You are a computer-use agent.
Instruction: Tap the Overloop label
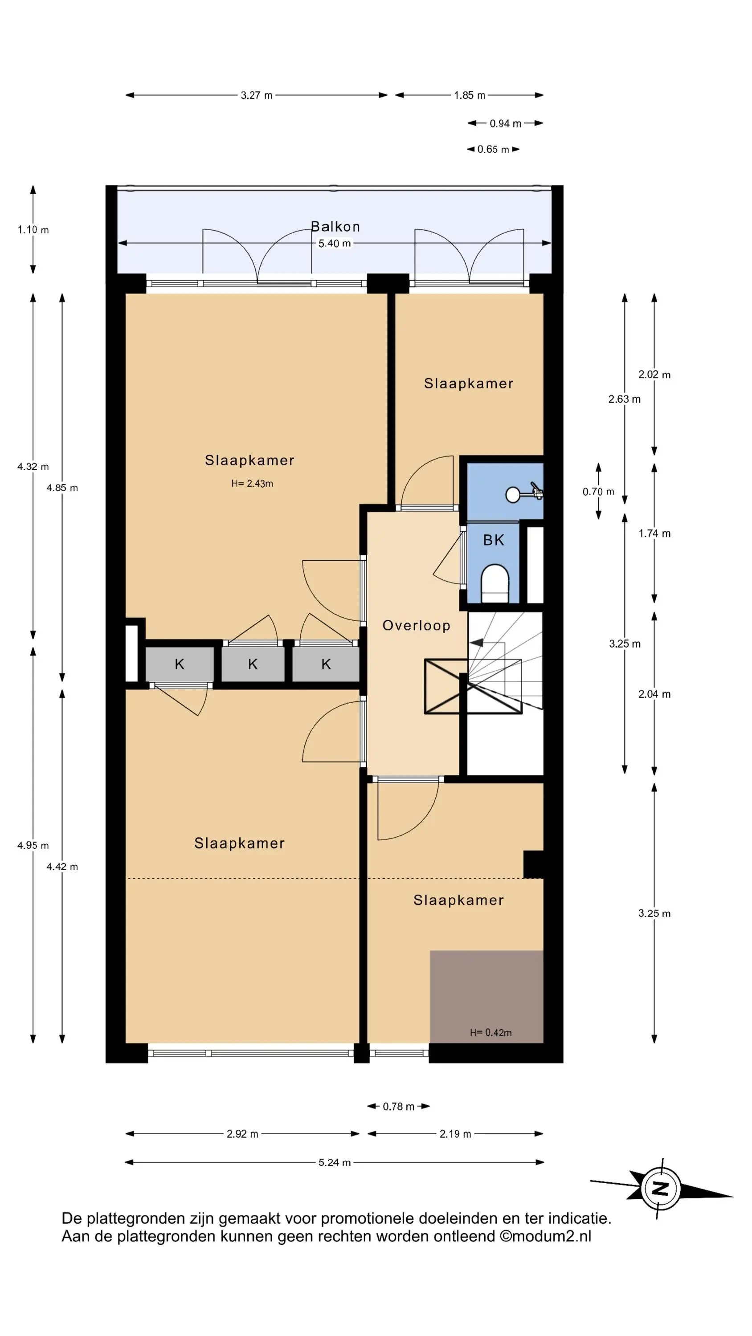click(416, 626)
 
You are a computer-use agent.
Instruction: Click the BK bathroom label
click(494, 541)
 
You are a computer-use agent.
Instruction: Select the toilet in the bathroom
click(495, 583)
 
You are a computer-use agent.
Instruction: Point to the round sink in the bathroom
click(513, 495)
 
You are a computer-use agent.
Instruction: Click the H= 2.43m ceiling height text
click(252, 483)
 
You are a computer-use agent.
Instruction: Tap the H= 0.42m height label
click(491, 1033)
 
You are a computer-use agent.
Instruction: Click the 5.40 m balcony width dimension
click(335, 243)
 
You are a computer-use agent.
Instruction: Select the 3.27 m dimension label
click(256, 95)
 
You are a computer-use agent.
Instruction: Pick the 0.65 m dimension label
click(493, 149)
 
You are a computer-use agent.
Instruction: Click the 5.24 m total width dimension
click(335, 1162)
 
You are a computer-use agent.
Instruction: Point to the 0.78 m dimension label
click(399, 1106)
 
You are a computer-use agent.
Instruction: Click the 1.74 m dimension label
click(654, 533)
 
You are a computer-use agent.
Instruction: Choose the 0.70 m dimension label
click(598, 491)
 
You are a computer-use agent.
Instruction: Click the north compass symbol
click(660, 1188)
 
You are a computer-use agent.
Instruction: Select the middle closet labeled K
click(253, 664)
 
